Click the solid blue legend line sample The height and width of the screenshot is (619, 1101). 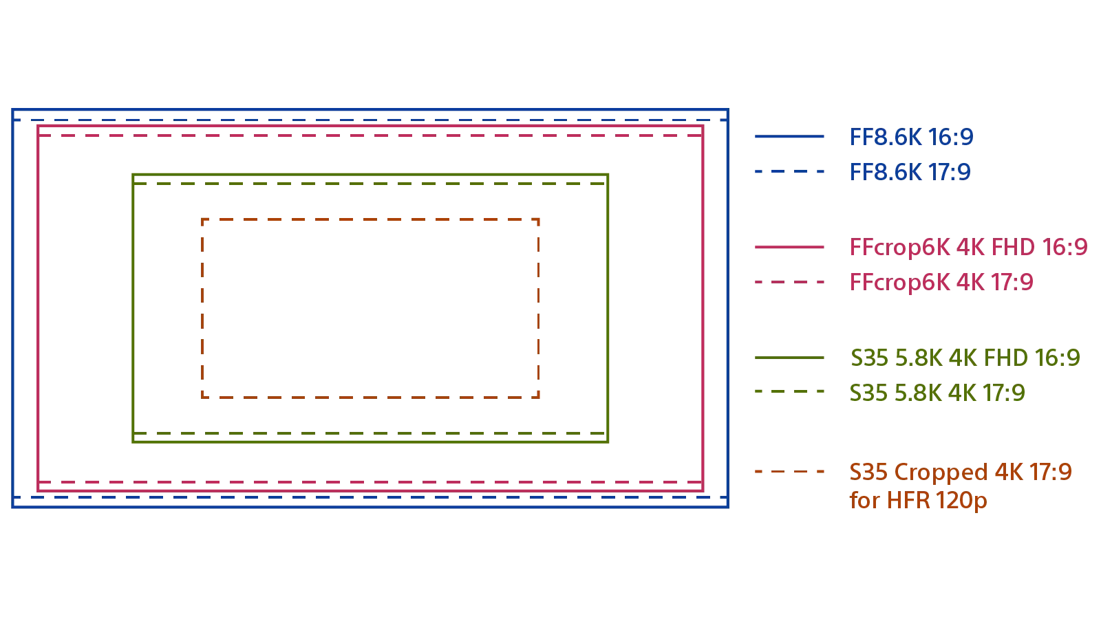coord(789,138)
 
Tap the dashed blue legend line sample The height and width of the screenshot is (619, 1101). coord(789,171)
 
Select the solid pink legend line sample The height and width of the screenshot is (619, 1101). coord(789,248)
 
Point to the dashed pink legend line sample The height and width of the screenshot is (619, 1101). coord(789,282)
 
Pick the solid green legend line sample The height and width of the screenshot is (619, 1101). coord(789,358)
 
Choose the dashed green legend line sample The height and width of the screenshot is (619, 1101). coord(789,391)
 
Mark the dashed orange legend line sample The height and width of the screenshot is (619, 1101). coord(789,471)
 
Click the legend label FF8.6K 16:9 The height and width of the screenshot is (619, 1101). coord(910,138)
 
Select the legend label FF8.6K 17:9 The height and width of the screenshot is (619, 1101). coord(910,171)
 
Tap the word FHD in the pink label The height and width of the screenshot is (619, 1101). coord(1012,248)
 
